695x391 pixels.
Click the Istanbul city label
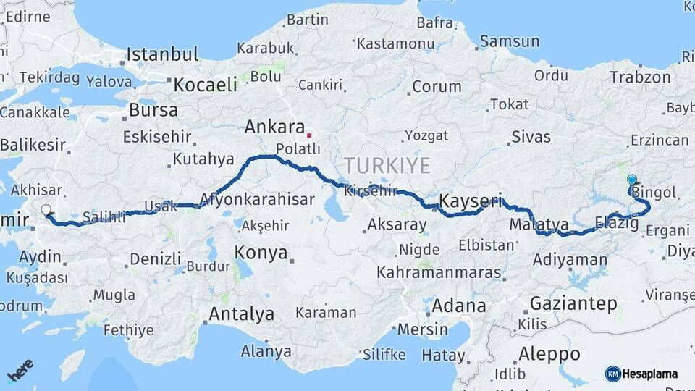pos(162,54)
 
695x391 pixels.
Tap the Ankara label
pos(274,127)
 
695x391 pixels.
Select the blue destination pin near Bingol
pos(631,180)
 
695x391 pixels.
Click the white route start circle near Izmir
pos(46,211)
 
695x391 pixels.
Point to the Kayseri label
pos(471,201)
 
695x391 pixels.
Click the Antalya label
pos(241,314)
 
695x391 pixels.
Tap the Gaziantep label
pos(573,303)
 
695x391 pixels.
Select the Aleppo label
pos(549,355)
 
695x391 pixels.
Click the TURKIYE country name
pos(387,164)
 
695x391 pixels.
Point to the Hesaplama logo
pos(641,374)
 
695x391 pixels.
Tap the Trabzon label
pos(640,77)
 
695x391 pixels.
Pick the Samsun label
pos(509,42)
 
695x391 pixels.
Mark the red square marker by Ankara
pos(309,135)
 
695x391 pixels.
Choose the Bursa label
pos(153,111)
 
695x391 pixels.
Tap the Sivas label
pos(531,137)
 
